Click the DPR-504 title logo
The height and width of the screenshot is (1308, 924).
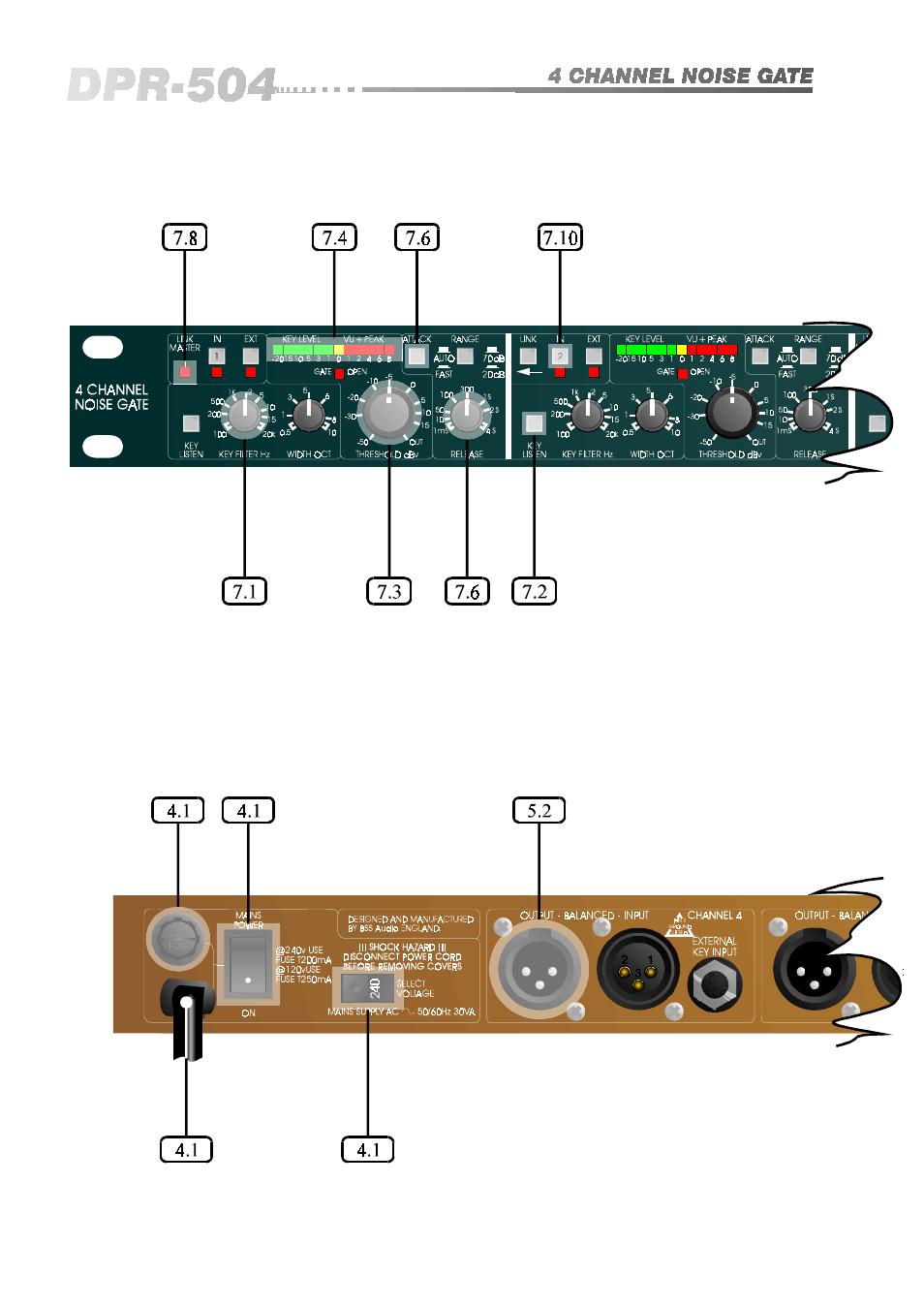[x=172, y=85]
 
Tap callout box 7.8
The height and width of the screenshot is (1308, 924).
[x=184, y=237]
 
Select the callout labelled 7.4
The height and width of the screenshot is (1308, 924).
[x=334, y=237]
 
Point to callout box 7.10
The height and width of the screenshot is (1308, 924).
[x=561, y=237]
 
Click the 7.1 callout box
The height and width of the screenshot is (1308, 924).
[x=244, y=591]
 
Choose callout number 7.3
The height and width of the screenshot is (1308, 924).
[x=388, y=591]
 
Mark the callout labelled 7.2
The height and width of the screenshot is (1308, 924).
[x=534, y=591]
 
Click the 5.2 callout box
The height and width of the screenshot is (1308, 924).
[x=539, y=810]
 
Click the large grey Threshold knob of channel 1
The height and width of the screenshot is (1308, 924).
[x=388, y=412]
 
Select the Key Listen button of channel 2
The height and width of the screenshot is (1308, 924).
[x=534, y=422]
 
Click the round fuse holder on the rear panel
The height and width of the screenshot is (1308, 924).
[x=177, y=939]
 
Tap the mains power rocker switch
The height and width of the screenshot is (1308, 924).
[x=248, y=965]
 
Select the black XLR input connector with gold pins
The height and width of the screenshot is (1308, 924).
[x=637, y=969]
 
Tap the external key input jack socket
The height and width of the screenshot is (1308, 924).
[x=715, y=984]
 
